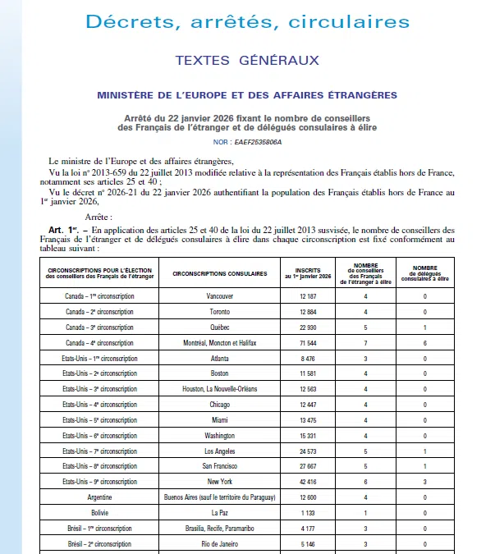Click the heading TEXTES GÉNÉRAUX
(247, 61)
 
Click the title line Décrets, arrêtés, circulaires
(247, 22)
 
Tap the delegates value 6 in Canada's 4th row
(424, 342)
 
